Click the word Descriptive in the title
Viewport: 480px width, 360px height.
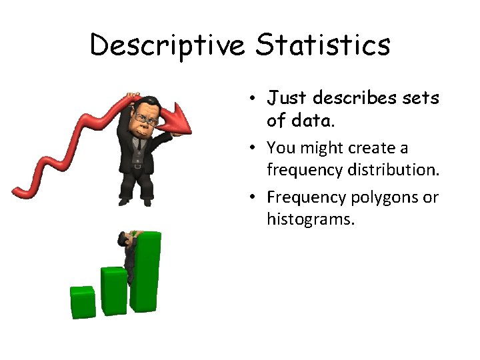[169, 45]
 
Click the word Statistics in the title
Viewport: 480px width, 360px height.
[323, 45]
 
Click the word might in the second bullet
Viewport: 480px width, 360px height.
[329, 148]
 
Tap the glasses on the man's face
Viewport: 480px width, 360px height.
[145, 118]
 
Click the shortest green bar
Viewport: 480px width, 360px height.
[83, 301]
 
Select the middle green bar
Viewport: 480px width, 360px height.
[114, 291]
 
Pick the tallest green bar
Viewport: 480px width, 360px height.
[146, 272]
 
